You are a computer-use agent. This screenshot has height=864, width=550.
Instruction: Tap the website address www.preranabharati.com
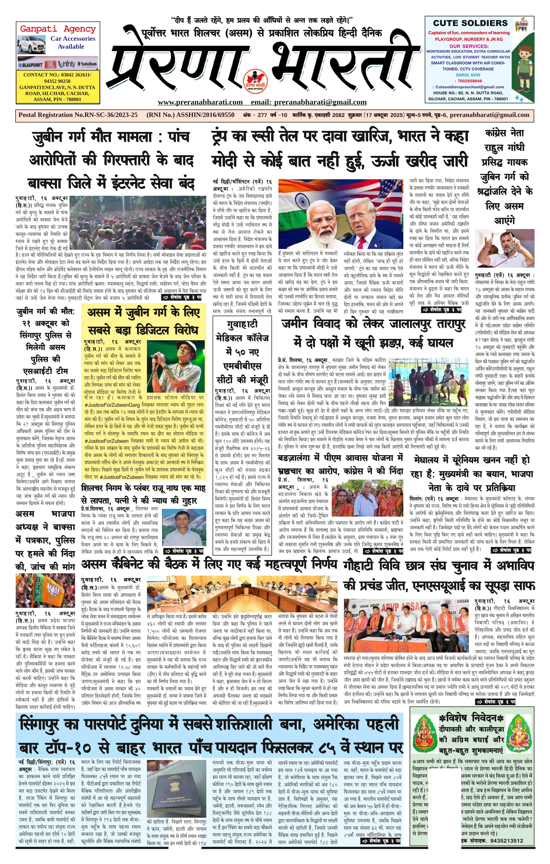[x=200, y=102]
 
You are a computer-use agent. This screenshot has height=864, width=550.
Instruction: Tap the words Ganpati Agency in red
[x=58, y=29]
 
